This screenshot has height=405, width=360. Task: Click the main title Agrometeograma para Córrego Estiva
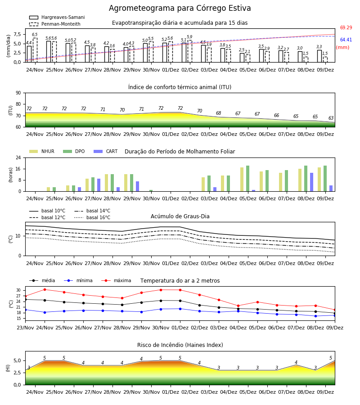180,8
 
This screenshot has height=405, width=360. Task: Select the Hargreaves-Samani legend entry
57,17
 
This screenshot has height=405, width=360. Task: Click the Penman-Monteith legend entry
55,24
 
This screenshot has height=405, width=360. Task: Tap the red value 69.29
346,27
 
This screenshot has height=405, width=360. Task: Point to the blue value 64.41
346,40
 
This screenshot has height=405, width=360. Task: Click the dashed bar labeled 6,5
35,50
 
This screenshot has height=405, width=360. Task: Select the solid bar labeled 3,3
319,56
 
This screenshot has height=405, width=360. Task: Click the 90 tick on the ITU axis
18,93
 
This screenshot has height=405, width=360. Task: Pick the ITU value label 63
331,118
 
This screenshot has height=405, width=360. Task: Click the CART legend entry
106,151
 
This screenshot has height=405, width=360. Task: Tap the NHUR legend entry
42,151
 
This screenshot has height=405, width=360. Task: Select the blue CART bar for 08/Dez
312,182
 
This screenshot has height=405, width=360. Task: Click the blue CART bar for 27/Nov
99,185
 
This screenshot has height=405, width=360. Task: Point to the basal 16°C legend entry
92,217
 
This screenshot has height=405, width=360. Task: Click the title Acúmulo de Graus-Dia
180,216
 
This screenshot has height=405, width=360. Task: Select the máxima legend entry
116,280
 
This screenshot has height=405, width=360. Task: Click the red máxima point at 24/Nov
45,289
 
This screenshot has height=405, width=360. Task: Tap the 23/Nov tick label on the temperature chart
25,328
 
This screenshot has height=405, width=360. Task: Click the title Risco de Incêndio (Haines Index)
180,345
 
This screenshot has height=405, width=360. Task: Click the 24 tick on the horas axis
18,157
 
